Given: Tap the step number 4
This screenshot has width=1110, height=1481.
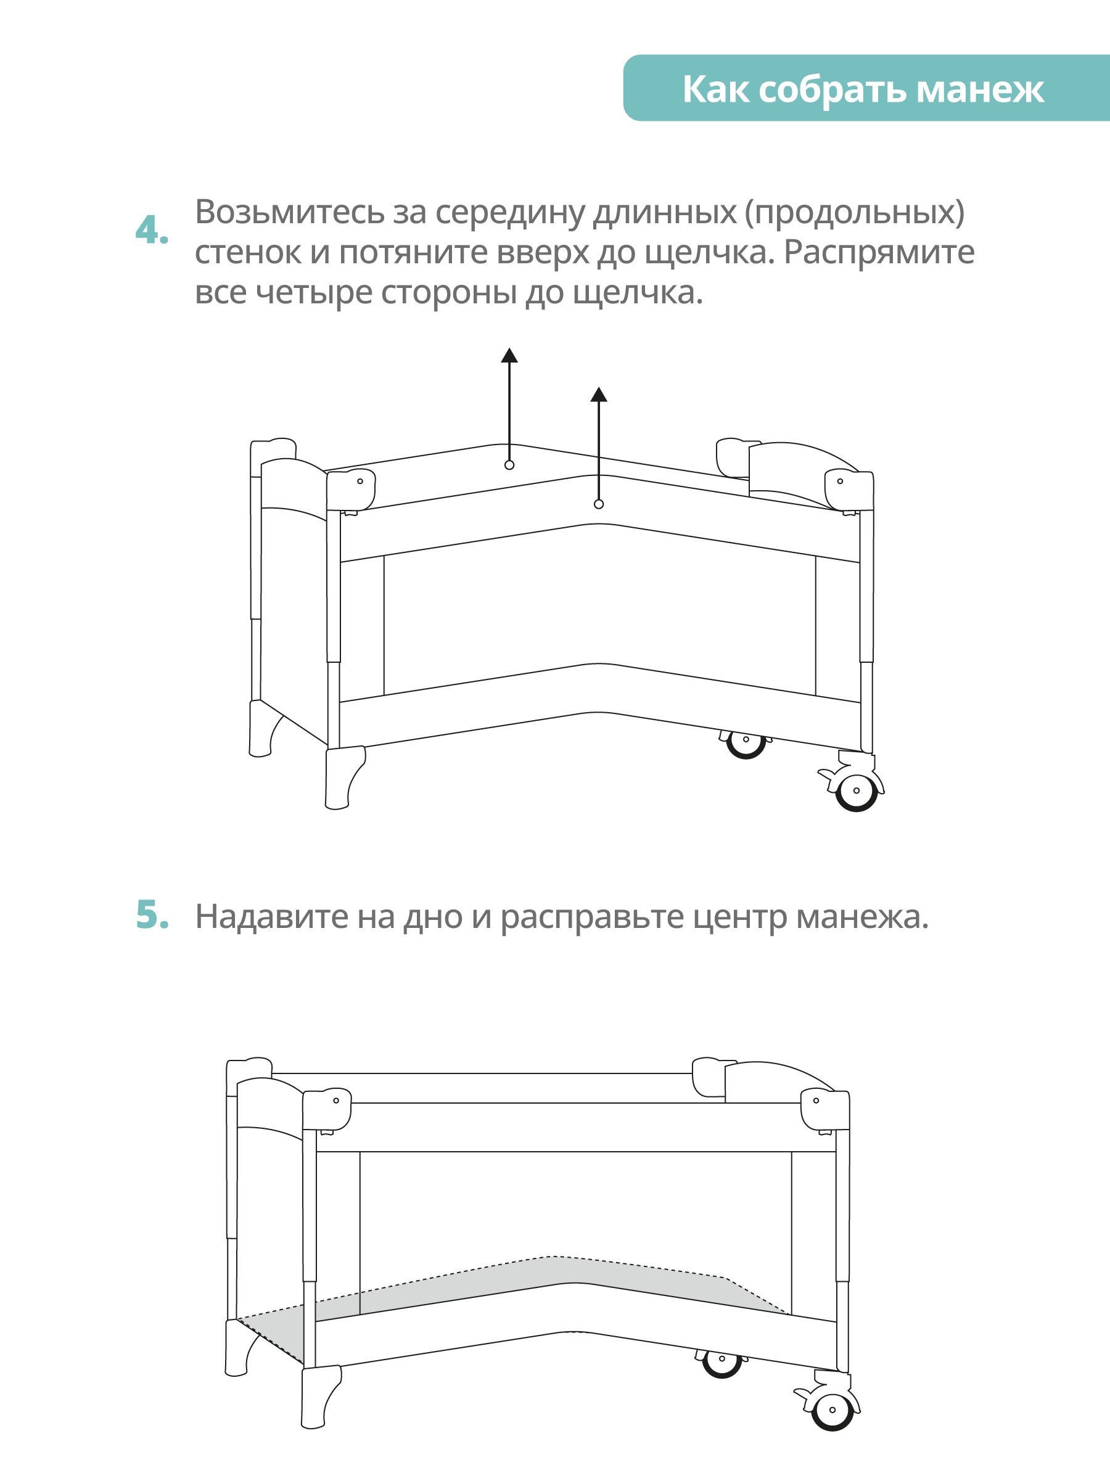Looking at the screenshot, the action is click(152, 231).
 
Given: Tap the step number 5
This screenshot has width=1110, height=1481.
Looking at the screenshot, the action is click(152, 915).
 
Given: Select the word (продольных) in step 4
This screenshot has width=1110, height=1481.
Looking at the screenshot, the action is click(855, 213).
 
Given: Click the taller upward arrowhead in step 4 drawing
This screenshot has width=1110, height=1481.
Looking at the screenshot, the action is click(509, 355).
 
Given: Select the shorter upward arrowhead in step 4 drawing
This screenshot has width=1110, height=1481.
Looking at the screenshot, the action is click(599, 395).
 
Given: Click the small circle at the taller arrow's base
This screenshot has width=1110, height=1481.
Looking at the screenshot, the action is click(509, 465).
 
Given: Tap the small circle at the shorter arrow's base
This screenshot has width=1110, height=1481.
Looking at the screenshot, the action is click(599, 504).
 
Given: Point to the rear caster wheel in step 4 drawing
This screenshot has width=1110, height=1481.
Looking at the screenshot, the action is click(745, 744).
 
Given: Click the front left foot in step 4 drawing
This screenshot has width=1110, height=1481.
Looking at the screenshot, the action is click(343, 778).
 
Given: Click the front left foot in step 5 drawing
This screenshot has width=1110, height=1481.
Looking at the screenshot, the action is click(320, 1397).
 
